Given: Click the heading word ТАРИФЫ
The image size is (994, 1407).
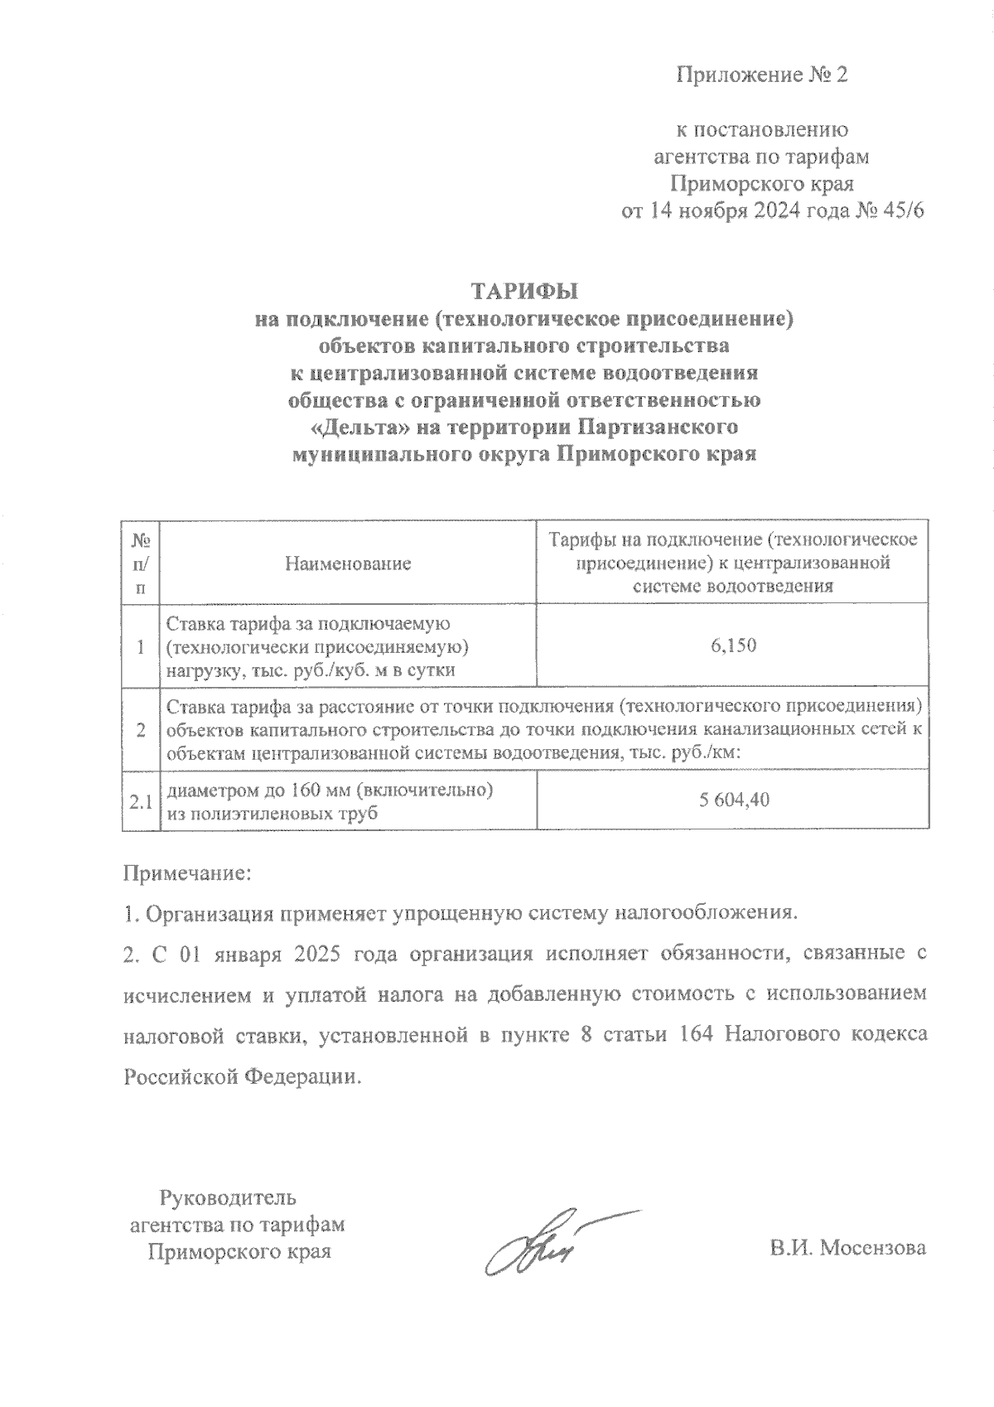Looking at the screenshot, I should click(524, 292).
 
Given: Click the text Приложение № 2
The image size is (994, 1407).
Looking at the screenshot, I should click(763, 75).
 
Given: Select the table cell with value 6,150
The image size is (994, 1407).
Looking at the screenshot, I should click(732, 645).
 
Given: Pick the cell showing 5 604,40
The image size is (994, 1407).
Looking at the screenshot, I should click(732, 800).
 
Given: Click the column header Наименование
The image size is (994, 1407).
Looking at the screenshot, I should click(348, 564).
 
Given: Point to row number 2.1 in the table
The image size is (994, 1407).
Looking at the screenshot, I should click(140, 801).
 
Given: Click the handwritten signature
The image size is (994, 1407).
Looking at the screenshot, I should click(547, 1245).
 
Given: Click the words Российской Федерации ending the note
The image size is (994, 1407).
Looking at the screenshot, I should click(243, 1077).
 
